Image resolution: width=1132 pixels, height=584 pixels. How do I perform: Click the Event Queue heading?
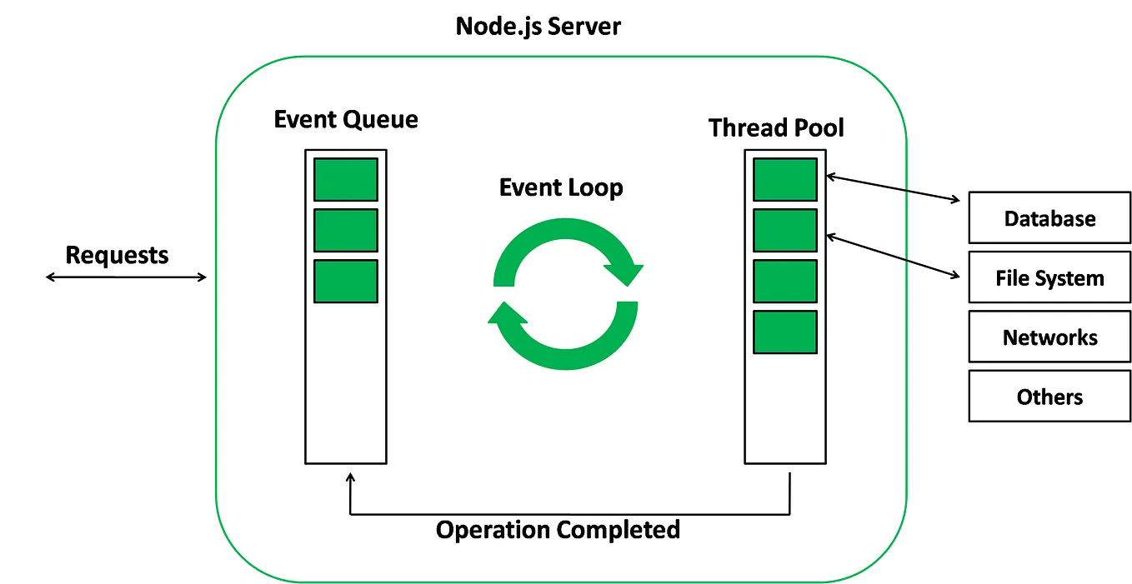(x=346, y=120)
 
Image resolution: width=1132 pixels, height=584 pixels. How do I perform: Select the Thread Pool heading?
(x=776, y=128)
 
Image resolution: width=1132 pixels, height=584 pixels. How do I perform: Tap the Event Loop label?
(x=561, y=188)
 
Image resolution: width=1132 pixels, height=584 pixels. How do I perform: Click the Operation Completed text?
(x=558, y=530)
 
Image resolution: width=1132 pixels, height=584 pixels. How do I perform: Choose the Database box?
(x=1049, y=219)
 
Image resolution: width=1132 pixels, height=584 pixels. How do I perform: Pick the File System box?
(x=1049, y=278)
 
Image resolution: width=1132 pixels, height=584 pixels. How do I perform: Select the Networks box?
(x=1049, y=337)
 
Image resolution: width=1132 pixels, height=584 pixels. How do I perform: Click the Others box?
(x=1049, y=397)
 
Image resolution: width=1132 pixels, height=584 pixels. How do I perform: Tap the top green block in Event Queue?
(x=345, y=179)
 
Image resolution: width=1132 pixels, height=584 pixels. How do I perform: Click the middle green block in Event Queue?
(x=345, y=230)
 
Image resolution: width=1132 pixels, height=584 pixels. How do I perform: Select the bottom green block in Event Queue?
(x=345, y=281)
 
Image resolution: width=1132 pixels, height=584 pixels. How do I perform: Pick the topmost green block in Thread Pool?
(x=784, y=179)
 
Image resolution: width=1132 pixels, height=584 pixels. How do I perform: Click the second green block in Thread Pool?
(x=784, y=230)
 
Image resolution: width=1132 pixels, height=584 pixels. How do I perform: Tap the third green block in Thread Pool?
(x=784, y=281)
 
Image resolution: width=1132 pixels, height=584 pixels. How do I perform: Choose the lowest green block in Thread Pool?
(x=784, y=332)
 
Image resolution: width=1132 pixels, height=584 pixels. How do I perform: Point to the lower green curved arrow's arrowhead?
(x=507, y=314)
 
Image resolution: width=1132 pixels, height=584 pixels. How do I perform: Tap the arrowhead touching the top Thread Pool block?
(x=831, y=176)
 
